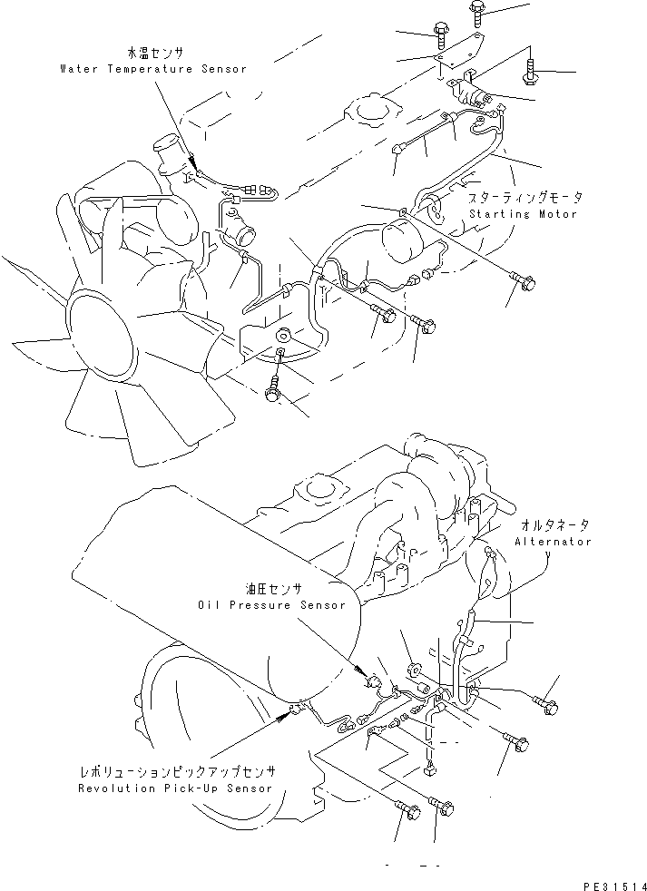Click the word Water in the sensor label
(x=79, y=69)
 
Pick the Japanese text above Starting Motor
(x=525, y=197)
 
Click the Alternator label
(x=553, y=542)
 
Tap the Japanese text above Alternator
(x=554, y=525)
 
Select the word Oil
(x=208, y=605)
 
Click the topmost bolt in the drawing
(x=477, y=11)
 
